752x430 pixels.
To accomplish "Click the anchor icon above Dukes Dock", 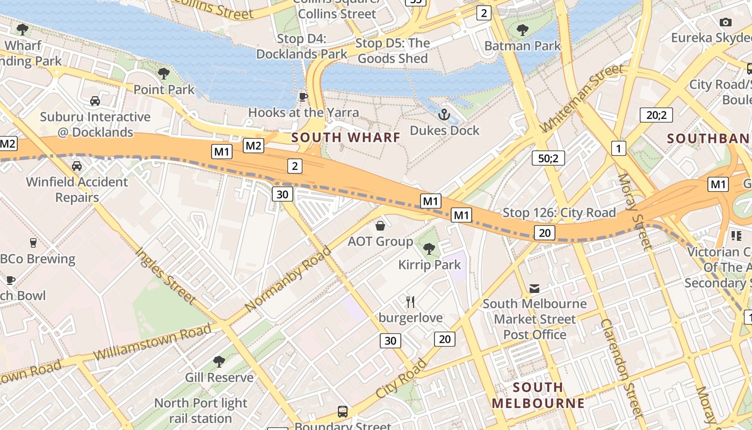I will (x=444, y=114).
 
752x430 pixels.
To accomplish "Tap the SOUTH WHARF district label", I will (x=346, y=138).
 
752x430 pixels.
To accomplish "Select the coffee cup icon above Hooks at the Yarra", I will (x=303, y=97).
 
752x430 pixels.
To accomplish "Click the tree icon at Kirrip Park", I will (x=429, y=248).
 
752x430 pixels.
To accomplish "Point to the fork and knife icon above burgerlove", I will (x=411, y=302).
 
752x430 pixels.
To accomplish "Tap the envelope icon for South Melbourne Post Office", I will (x=534, y=289).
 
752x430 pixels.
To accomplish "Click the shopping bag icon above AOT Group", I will (x=380, y=226).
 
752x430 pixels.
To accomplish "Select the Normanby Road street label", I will (x=288, y=279).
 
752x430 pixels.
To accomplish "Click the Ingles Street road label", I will (x=165, y=275).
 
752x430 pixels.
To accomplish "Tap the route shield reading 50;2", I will (x=548, y=158).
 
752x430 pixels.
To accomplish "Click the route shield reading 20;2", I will (x=656, y=114).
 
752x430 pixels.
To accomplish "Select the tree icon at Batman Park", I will (x=522, y=30).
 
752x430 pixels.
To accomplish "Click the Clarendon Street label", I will (x=622, y=368).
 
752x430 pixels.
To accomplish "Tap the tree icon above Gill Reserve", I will (x=219, y=361).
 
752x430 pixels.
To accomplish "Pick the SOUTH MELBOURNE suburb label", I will (x=538, y=395).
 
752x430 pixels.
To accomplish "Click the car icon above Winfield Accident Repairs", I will (x=77, y=166).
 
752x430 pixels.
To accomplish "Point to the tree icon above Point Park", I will (x=164, y=73).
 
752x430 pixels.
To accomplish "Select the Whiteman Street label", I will (x=582, y=97).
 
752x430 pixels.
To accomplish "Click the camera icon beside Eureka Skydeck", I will (x=726, y=22).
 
